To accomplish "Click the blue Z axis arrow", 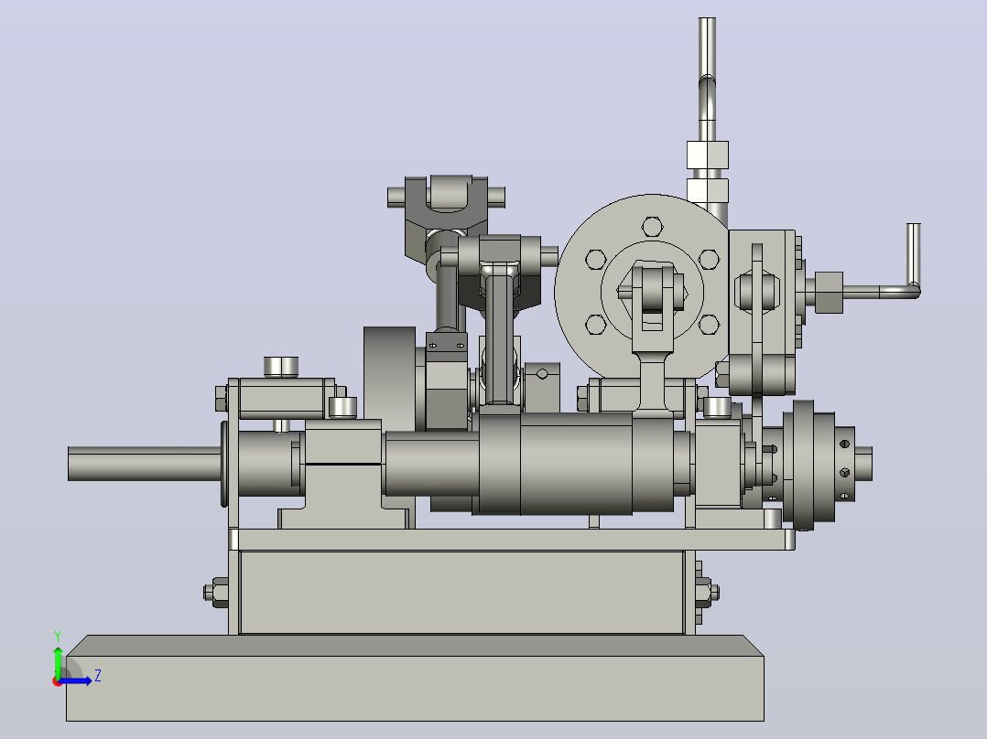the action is [75, 681].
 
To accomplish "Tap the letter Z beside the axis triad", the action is [98, 676].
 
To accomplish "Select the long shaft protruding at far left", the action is [145, 464].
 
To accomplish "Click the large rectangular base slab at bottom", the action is [415, 678].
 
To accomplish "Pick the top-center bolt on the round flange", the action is [652, 227].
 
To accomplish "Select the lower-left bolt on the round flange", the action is [595, 325].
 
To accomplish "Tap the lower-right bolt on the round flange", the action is [709, 325].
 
